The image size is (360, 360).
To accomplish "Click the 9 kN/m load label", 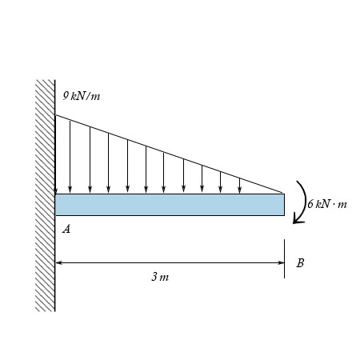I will pos(82,97).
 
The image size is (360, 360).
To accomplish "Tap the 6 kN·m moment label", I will pos(327,204).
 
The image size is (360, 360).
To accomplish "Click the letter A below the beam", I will pos(66,230).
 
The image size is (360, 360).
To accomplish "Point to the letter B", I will pos(300,262).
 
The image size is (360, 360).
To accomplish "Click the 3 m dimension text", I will pos(160,277).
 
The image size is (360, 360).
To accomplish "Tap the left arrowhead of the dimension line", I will pos(59,262).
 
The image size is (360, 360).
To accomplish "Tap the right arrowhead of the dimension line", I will pos(281,262).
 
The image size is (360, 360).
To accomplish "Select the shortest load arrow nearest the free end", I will pos(239,186).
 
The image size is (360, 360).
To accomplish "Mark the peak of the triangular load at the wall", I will pos(55,116).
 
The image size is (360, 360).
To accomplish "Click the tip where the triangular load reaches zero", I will pos(284,193).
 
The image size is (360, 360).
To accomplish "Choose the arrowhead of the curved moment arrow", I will pos(297,221).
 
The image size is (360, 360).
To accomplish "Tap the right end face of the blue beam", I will pos(284,204).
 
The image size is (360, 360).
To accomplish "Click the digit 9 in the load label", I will pos(66,96).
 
